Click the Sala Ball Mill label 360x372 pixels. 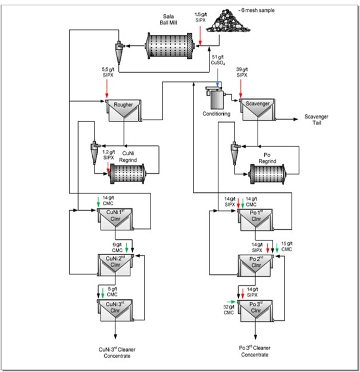(x=168, y=20)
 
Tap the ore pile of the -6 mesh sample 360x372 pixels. (x=228, y=21)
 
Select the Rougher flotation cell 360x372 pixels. (x=123, y=111)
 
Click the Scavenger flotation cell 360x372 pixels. (x=258, y=110)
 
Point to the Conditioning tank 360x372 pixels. (x=216, y=98)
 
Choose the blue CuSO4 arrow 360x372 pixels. (x=217, y=78)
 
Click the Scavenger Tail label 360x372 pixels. (x=317, y=120)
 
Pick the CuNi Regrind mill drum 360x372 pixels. (x=127, y=174)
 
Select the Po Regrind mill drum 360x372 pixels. (x=267, y=174)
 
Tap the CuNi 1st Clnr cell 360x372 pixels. (x=115, y=219)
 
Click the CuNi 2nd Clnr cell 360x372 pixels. (x=115, y=265)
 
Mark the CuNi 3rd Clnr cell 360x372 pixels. (x=115, y=310)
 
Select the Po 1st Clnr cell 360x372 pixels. (x=256, y=220)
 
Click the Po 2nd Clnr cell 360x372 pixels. (x=256, y=265)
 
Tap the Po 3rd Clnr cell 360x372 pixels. (x=256, y=311)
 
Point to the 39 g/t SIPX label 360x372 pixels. (x=242, y=72)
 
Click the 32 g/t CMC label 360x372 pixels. (x=228, y=310)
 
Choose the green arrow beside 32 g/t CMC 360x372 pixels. (x=231, y=302)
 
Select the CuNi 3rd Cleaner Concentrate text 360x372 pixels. (x=117, y=352)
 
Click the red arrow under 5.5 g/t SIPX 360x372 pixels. (x=107, y=89)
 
